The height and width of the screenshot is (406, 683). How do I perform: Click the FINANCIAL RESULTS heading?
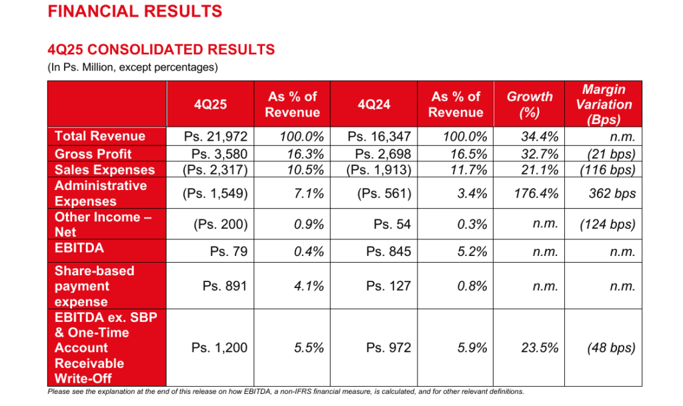click(x=135, y=11)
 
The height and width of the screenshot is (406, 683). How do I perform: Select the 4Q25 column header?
click(x=210, y=105)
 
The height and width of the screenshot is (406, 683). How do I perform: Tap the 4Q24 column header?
click(x=374, y=105)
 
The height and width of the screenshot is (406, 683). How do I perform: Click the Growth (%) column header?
click(x=530, y=105)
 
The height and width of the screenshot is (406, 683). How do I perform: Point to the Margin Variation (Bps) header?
click(x=604, y=105)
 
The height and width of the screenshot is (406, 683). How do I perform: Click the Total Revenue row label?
click(x=100, y=136)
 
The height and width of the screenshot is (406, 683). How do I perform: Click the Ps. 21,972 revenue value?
click(x=215, y=137)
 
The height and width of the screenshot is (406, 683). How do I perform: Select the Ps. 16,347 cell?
click(x=380, y=137)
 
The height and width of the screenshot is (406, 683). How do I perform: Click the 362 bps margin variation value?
click(x=612, y=194)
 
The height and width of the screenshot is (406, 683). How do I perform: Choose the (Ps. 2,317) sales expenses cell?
click(x=215, y=170)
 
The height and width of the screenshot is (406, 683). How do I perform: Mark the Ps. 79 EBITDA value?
click(x=229, y=251)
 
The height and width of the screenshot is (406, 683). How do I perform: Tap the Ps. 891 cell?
click(x=225, y=286)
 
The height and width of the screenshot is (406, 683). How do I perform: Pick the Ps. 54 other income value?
click(x=392, y=225)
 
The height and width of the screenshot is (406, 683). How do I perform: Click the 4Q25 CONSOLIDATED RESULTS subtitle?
click(x=161, y=50)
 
